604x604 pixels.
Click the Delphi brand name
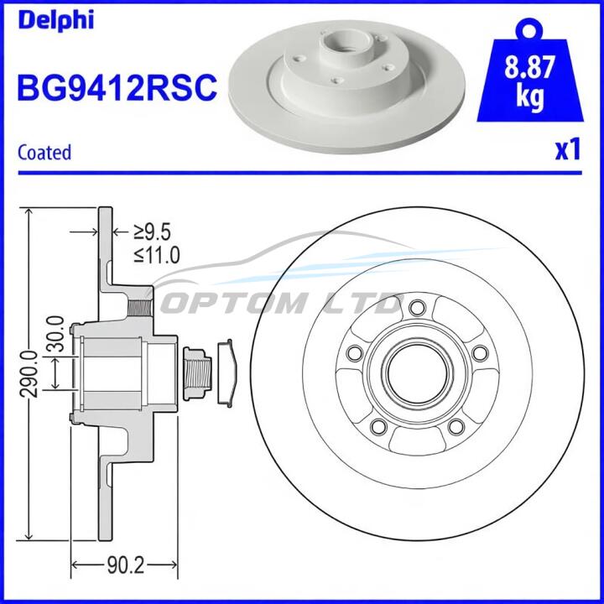(x=56, y=19)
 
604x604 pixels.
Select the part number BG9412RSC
(x=117, y=86)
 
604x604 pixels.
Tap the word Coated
(x=44, y=152)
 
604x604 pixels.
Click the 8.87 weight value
(x=529, y=67)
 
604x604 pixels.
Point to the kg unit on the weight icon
(x=530, y=96)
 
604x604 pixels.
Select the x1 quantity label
(x=567, y=149)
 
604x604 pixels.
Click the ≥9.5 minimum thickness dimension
(x=152, y=232)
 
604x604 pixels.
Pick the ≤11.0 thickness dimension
(x=157, y=255)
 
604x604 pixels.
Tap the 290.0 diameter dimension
(x=29, y=373)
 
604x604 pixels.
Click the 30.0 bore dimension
(x=55, y=334)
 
